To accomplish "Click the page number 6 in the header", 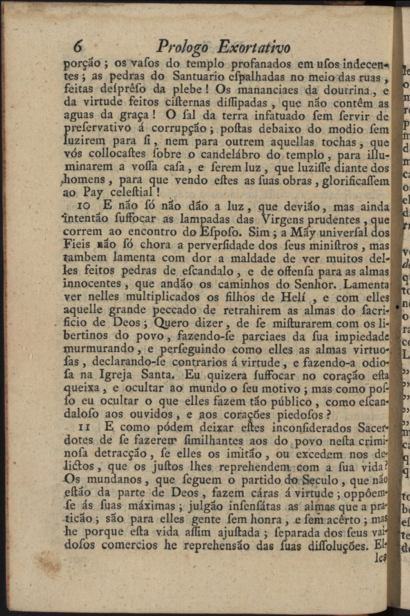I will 79,46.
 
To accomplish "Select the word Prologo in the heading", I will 182,48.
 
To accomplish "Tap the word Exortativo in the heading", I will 254,48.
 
